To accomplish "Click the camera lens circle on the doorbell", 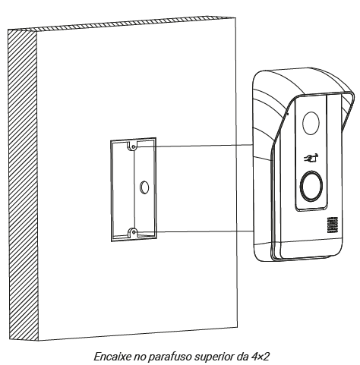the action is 311,123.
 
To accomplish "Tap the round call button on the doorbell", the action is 311,186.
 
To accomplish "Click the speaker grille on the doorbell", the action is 333,225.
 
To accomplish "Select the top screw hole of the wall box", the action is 133,146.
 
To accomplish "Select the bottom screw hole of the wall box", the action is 133,231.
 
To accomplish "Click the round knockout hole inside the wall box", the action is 144,187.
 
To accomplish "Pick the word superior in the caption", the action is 214,357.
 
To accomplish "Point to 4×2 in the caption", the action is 260,357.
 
